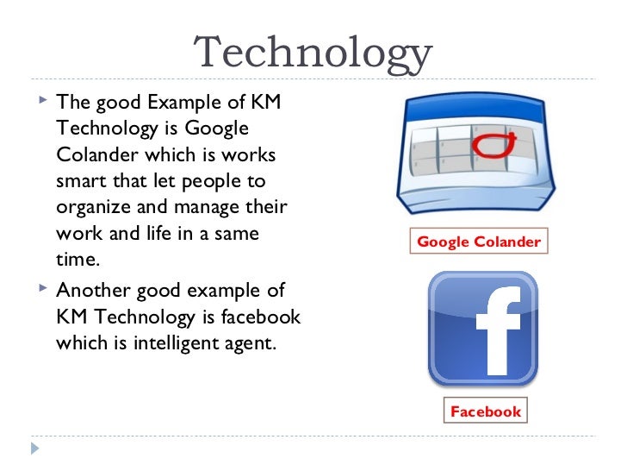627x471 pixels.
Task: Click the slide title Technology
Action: click(x=313, y=53)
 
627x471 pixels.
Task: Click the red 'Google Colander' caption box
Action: click(x=479, y=242)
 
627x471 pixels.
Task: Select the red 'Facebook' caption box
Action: click(x=486, y=411)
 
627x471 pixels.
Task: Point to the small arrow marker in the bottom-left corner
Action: click(x=34, y=448)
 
